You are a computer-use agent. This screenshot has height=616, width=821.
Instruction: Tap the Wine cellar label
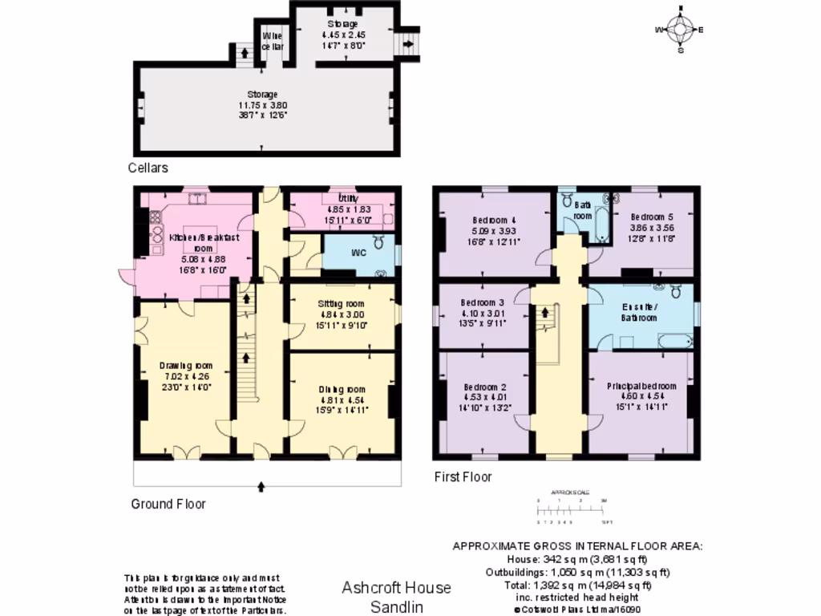pos(273,40)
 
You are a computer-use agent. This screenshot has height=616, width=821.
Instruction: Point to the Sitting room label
pos(342,303)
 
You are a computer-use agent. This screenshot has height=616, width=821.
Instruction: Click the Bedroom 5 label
pos(651,217)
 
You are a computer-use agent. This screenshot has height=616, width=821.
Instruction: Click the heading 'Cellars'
pos(148,168)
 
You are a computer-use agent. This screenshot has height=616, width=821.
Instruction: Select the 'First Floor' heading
pos(463,476)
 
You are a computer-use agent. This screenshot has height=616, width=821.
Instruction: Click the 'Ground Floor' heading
pos(168,504)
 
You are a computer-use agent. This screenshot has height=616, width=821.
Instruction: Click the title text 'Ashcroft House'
pos(396,588)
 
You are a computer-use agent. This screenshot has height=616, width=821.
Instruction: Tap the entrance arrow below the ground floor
pos(262,485)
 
